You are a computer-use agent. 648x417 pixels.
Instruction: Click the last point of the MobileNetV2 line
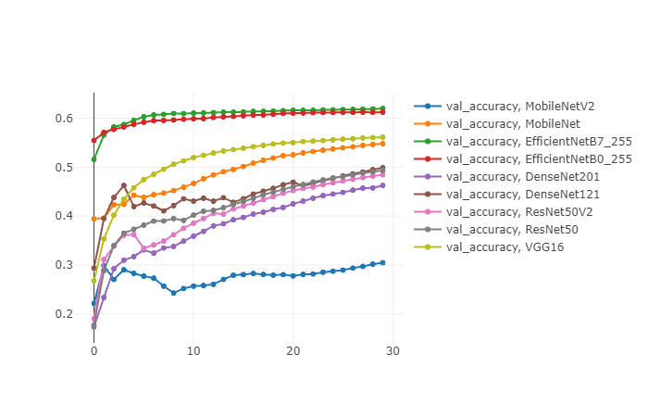(382, 263)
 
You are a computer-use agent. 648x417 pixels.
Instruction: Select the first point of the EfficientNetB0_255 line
(93, 140)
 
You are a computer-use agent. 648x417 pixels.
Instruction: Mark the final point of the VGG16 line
(382, 137)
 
